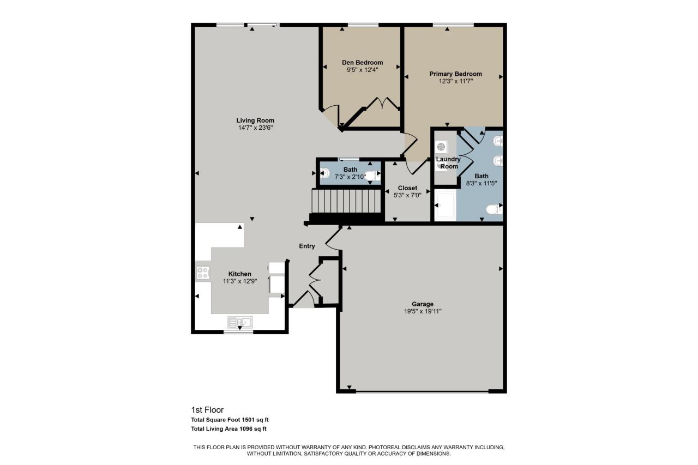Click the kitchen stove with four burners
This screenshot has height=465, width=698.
tap(203, 273)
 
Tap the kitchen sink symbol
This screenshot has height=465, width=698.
tap(239, 322)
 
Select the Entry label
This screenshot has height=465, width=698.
tap(307, 246)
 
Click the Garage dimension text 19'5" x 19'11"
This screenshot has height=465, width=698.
tap(423, 311)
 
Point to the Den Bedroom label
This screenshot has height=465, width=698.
tap(362, 62)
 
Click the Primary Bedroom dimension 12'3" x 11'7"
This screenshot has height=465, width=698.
tap(455, 81)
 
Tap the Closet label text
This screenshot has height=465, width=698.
tap(407, 188)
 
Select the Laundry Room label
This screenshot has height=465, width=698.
tap(449, 162)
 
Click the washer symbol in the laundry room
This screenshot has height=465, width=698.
tap(442, 147)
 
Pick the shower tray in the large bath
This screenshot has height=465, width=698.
tap(444, 206)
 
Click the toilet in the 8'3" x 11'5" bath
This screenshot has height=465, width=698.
tap(494, 209)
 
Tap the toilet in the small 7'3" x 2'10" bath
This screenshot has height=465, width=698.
tap(372, 176)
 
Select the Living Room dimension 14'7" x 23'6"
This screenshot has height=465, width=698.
tap(255, 128)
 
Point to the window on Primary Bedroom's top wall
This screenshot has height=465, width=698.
tap(453, 25)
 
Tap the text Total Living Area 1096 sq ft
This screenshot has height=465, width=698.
tap(228, 429)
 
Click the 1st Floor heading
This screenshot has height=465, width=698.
tap(207, 410)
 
